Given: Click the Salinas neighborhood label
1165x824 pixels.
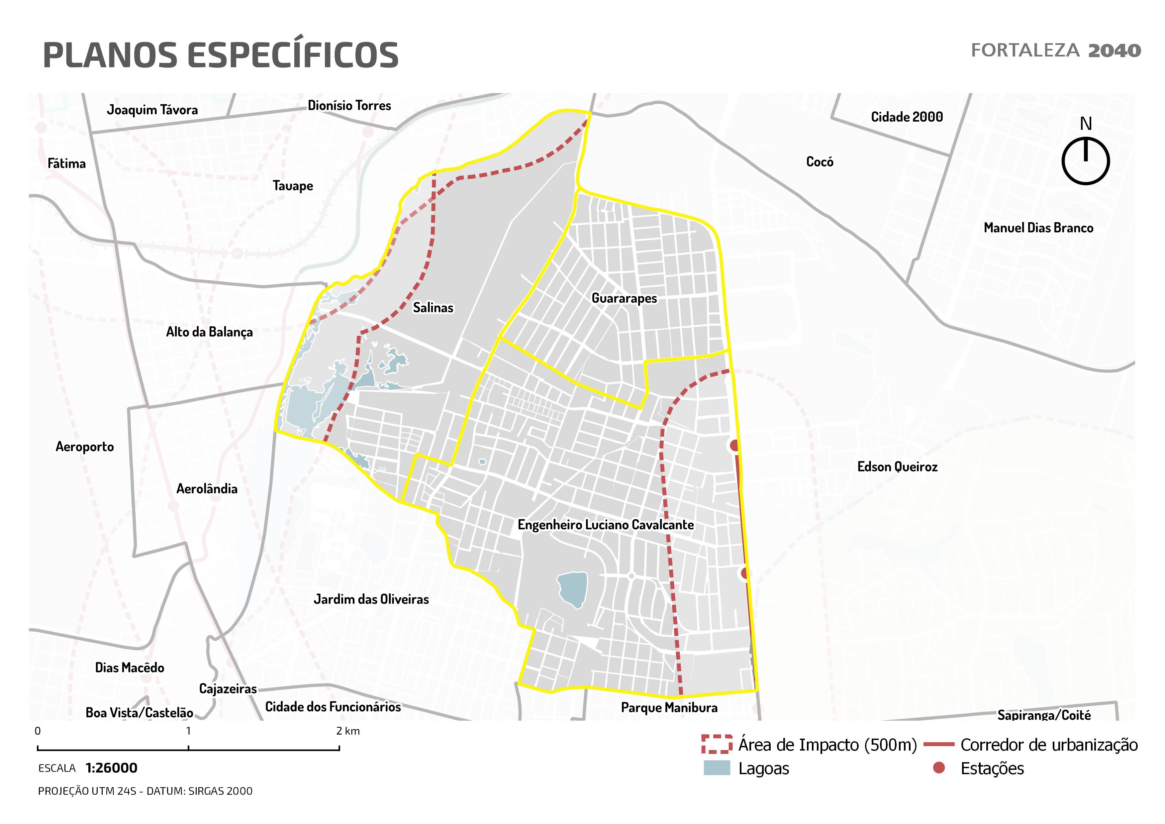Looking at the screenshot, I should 433,307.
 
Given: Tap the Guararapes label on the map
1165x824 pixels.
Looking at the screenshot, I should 624,298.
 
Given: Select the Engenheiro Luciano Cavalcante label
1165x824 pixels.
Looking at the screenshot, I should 605,525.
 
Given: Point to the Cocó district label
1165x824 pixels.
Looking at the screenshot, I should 820,162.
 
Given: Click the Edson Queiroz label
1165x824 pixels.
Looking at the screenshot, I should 897,467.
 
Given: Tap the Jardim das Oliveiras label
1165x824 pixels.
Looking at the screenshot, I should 371,599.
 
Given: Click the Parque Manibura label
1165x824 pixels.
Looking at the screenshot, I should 669,707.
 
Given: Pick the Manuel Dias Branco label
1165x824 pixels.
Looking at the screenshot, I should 1038,228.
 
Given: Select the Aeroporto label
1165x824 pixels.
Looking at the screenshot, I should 85,447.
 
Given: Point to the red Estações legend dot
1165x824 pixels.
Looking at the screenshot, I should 939,768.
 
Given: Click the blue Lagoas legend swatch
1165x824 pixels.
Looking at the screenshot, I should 717,768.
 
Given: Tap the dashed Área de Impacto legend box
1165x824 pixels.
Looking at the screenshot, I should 717,744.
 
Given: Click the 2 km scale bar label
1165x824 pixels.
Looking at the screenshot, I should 348,731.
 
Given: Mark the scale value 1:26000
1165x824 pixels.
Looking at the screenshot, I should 111,768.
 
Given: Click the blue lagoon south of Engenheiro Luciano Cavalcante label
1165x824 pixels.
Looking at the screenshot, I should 572,589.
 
